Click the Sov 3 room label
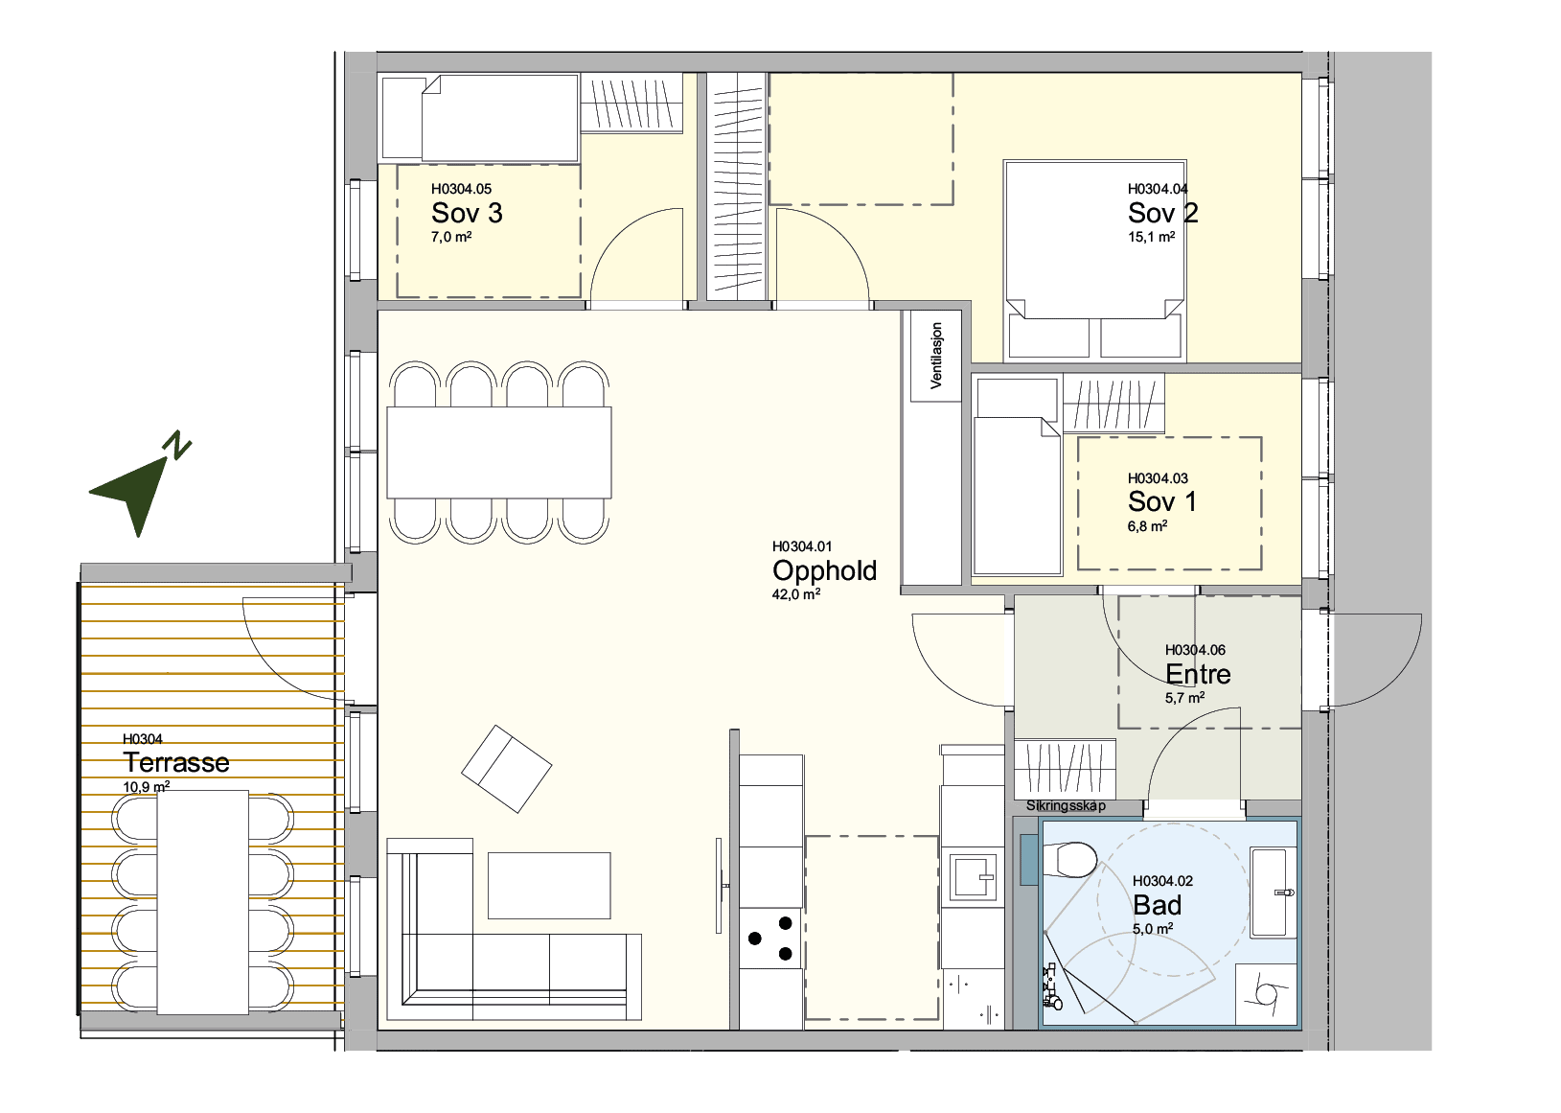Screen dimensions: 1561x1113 coord(467,213)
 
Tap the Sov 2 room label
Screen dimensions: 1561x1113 coord(1163,213)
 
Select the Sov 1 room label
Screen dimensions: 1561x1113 coord(1161,501)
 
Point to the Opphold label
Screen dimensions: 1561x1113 coord(824,570)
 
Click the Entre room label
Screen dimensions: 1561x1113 coord(1198,674)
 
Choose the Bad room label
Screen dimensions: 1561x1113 coord(1158,905)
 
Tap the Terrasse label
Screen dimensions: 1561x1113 coord(176,762)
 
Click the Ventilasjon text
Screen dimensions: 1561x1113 coord(936,356)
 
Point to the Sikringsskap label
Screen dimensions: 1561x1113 coord(1066,806)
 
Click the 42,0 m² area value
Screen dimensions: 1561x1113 coord(795,595)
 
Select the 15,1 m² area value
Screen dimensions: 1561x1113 coord(1151,237)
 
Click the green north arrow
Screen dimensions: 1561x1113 coord(139,485)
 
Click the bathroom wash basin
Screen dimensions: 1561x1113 coord(1274,892)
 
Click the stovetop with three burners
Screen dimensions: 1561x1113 coord(771,939)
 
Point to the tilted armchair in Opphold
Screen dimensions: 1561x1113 coord(507,769)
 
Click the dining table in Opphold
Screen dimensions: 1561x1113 coord(499,452)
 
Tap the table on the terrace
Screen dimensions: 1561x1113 coord(203,902)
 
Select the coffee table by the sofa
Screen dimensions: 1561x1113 coord(549,886)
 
